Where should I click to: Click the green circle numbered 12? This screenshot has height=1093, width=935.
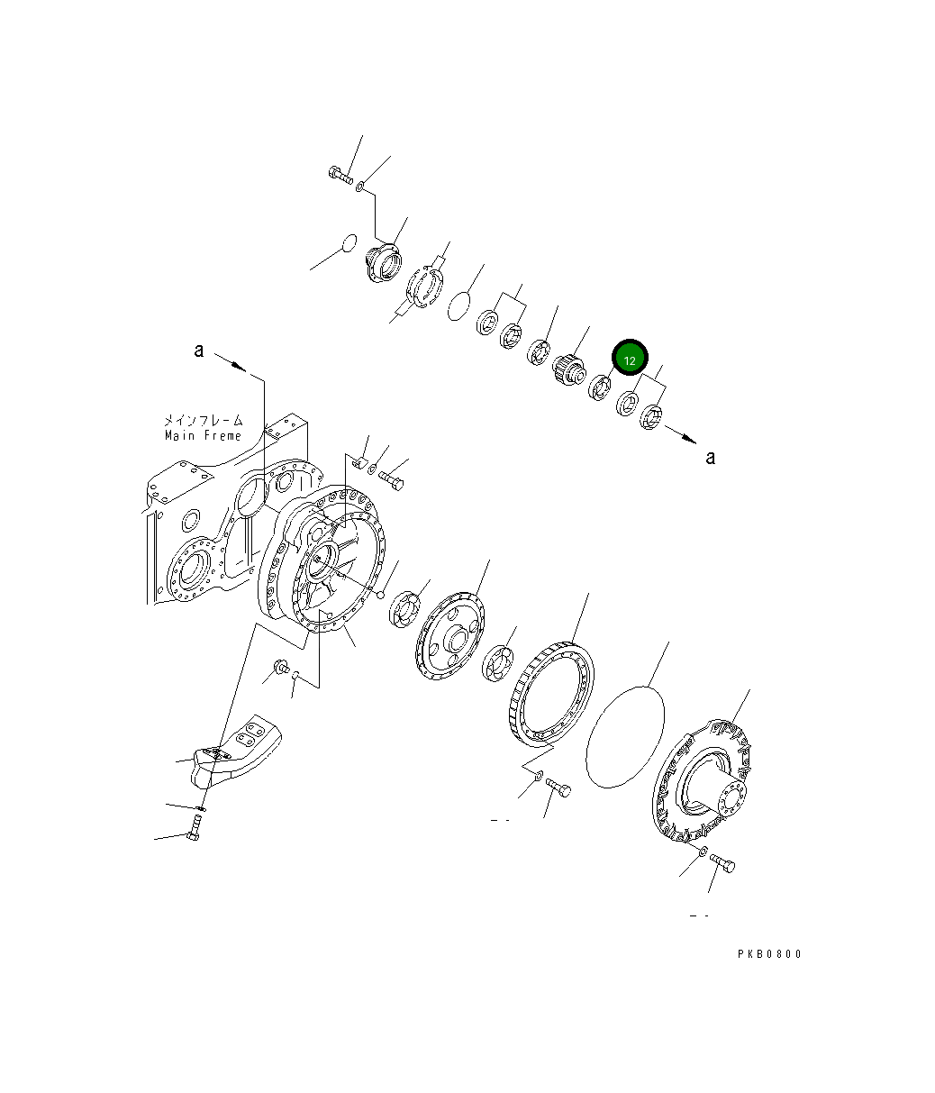point(630,360)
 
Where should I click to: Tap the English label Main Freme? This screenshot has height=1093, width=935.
point(204,436)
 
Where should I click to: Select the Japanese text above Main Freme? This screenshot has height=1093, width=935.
point(203,420)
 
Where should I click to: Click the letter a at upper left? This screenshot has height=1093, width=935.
point(199,351)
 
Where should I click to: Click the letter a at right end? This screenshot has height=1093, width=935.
point(711,458)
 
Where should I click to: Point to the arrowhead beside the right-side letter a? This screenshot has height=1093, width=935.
point(689,440)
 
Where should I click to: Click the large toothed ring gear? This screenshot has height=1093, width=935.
point(551,694)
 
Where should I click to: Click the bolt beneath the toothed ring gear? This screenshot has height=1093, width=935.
point(558,789)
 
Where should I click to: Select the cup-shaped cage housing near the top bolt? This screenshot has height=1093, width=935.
point(384,265)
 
